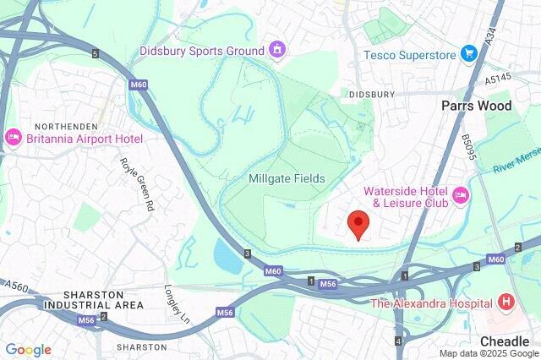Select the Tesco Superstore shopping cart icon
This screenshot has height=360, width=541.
[x=469, y=54]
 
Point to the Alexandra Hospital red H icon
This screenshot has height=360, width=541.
[x=505, y=302]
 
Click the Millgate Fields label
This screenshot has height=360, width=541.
[x=287, y=179]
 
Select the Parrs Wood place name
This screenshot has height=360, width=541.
[x=477, y=106]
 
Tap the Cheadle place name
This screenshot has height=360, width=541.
[x=504, y=341]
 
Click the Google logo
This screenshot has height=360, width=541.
[x=28, y=350]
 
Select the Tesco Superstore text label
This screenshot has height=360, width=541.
[x=410, y=54]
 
